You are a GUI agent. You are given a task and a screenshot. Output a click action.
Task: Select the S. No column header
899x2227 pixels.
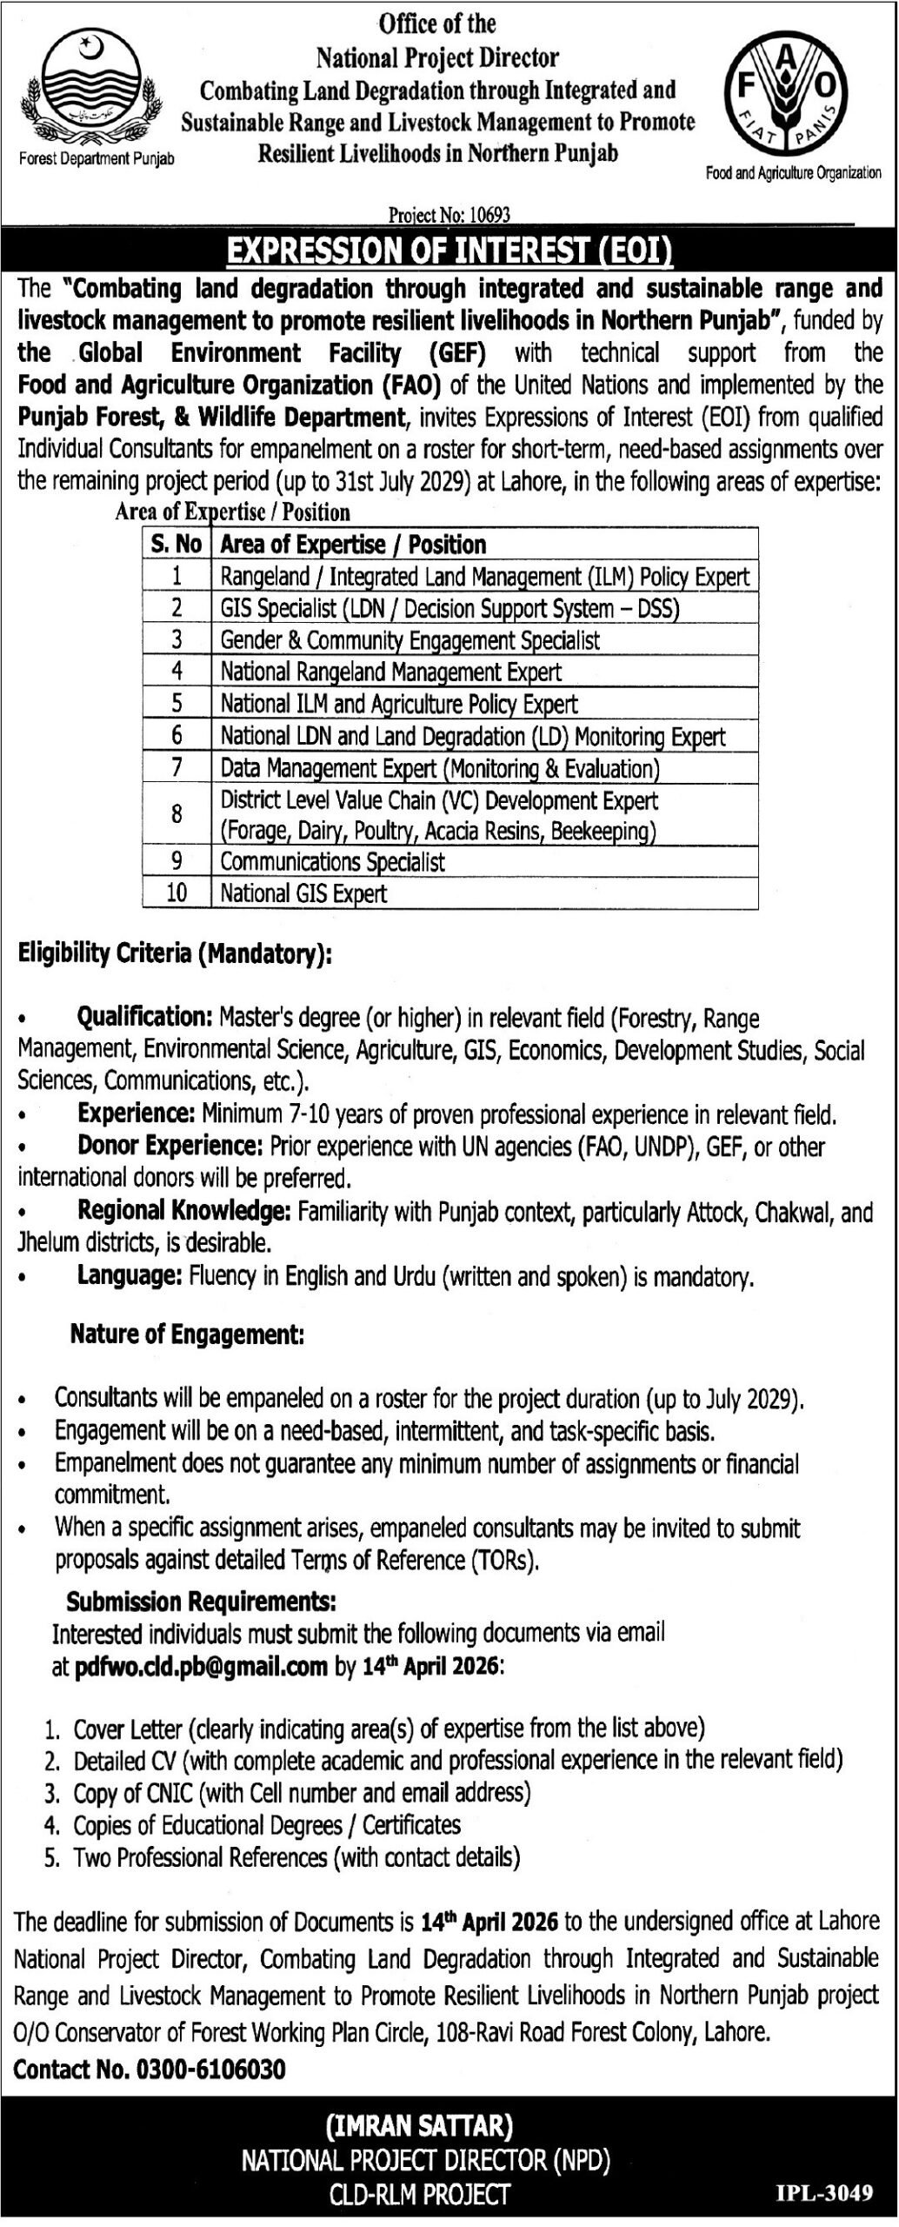(176, 545)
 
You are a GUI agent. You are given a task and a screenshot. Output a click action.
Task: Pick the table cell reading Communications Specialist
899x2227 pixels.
(332, 862)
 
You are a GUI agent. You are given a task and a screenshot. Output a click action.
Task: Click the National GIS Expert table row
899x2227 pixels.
(303, 893)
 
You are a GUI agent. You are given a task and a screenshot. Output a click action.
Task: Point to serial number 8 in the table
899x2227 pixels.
(176, 814)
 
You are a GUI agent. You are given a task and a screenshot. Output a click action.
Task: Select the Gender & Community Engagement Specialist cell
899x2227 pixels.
(410, 640)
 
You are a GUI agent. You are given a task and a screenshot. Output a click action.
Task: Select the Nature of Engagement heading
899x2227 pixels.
(187, 1334)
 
